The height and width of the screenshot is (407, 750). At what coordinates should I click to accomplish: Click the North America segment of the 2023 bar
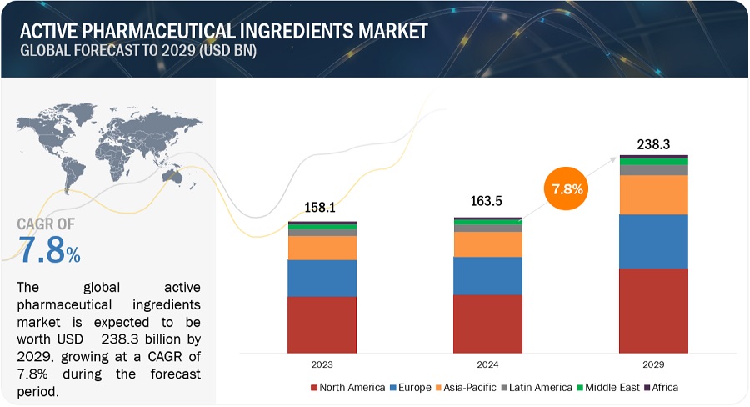coord(322,324)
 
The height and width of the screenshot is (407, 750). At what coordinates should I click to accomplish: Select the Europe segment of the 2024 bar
coord(487,275)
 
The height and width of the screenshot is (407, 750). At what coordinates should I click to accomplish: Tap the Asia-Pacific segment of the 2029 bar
coord(653,194)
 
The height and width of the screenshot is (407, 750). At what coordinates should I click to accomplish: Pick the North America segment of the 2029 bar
coord(653,309)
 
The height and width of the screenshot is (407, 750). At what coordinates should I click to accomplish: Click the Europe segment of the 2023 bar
coord(322,278)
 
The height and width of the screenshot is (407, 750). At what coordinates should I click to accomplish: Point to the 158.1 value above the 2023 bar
coord(322,209)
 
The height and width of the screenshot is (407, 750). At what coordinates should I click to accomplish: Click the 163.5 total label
coord(487,202)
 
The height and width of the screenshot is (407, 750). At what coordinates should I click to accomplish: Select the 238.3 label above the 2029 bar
coord(654,143)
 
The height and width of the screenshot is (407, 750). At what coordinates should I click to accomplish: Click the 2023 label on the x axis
coord(322,364)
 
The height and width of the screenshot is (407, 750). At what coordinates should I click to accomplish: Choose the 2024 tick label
coord(487,364)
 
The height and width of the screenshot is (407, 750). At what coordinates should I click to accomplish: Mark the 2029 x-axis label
coord(654,364)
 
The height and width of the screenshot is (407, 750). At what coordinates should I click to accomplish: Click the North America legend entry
coord(347,387)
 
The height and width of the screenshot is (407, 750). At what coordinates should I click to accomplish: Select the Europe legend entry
coord(412,387)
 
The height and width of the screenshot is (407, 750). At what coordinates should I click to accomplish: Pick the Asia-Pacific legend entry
coord(467,387)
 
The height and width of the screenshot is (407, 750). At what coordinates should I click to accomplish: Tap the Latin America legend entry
coord(537,387)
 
